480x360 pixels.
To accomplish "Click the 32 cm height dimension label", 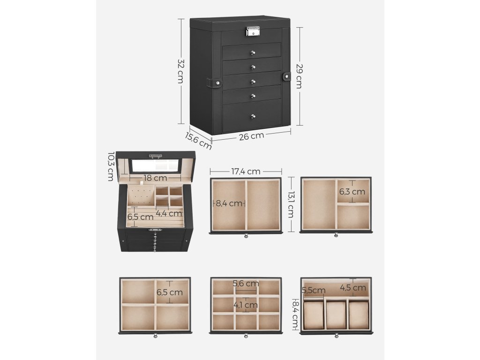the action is point(180,71).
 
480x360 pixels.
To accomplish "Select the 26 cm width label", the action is point(251,136).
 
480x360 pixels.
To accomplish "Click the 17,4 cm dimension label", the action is point(246,172).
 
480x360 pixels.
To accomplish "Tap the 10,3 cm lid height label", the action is point(111,166).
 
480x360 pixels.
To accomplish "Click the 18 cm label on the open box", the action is point(155,178).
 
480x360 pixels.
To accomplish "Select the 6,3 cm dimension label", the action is point(352,191).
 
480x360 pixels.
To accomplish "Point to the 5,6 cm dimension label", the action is point(246,284).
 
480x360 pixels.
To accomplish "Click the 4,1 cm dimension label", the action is point(246,305).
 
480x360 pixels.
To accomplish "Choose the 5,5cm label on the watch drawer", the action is point(314,291).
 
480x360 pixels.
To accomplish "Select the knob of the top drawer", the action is point(252,52).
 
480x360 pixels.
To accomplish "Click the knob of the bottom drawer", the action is point(252,116).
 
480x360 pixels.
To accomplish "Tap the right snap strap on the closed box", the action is point(286,76).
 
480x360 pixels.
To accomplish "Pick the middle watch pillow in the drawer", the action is point(336,314).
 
